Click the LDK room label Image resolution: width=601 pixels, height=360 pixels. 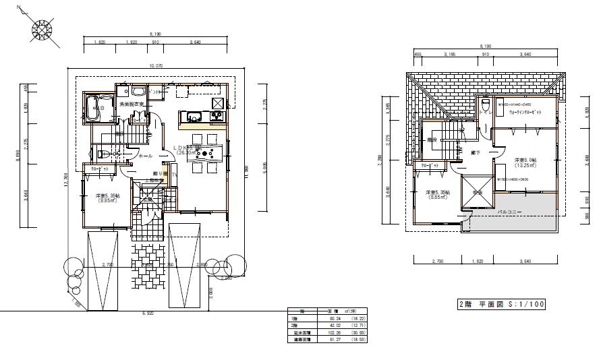[x=187, y=146]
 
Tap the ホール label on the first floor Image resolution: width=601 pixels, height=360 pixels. [x=145, y=156]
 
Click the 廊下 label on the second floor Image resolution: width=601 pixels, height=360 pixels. [x=476, y=153]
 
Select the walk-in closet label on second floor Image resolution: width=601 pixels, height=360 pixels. [x=523, y=112]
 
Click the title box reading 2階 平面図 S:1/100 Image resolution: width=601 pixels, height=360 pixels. [x=501, y=304]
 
